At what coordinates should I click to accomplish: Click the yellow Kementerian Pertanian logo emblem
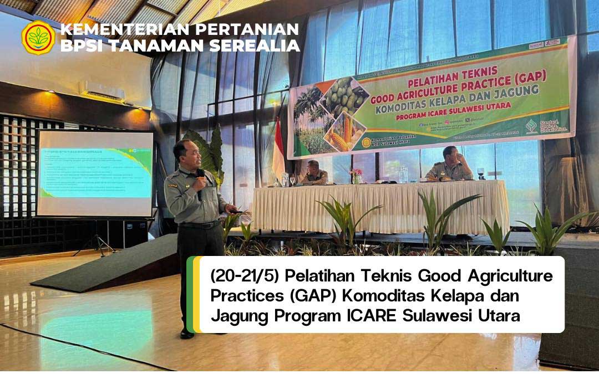point(38,37)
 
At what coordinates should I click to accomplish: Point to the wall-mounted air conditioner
point(102,90)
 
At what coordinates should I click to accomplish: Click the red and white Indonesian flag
point(278,152)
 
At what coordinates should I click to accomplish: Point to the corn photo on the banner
point(344,133)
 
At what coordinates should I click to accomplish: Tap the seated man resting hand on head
point(449,165)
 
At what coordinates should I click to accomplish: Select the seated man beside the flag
point(313,173)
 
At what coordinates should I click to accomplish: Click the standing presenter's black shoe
point(187,333)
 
